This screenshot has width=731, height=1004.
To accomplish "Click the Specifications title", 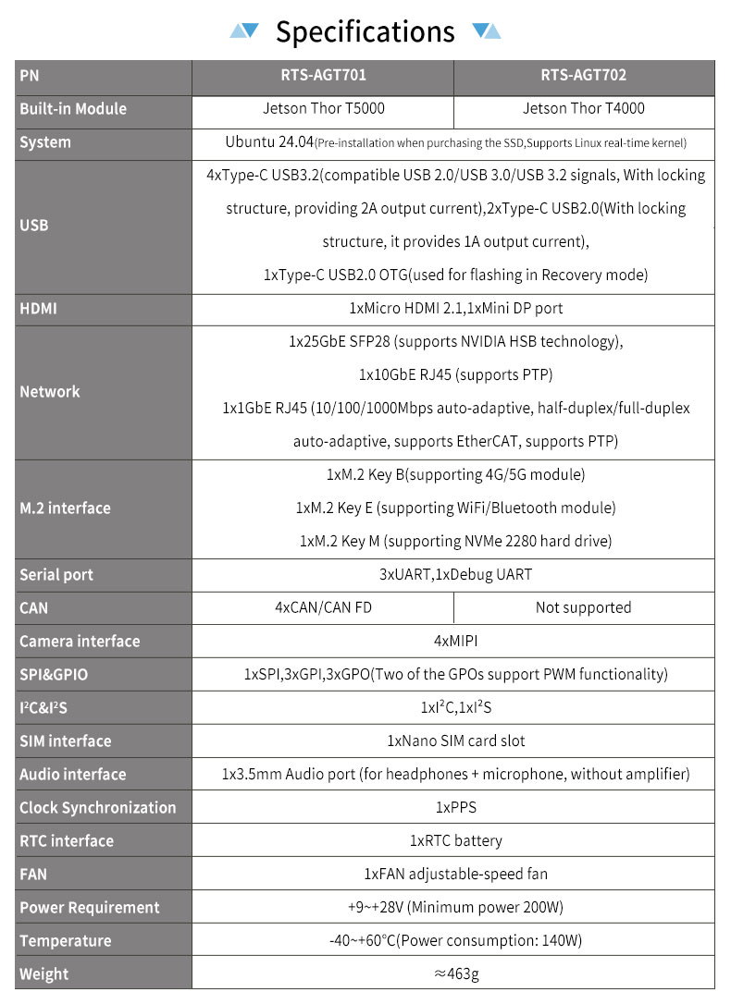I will pos(365,32).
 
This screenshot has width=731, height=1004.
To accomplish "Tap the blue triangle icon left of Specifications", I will pos(244,31).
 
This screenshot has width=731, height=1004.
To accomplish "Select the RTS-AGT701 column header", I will pos(322,76).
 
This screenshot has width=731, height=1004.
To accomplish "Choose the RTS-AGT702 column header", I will pos(584,76).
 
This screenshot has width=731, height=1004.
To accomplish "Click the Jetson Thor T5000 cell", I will pos(322,109).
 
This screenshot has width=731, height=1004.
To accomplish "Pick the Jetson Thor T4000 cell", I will pos(584,109).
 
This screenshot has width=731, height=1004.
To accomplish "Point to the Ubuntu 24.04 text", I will pos(268,142).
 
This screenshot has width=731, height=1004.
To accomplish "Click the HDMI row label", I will pos(38,309).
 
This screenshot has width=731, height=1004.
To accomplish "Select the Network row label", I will pos(50,392).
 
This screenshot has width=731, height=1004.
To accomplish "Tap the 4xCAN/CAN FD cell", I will pos(322,608).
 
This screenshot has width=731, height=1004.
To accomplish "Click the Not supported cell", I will pos(584,608).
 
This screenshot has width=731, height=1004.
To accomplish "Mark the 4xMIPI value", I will pos(456,642).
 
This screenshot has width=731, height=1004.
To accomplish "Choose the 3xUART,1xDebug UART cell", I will pos(456,575).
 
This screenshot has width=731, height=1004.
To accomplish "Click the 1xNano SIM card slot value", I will pos(456,741).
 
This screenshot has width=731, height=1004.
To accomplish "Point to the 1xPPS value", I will pos(456,808).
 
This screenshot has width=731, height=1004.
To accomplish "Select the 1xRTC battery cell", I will pos(456,841).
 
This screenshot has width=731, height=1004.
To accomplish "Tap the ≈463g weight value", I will pos(456,974).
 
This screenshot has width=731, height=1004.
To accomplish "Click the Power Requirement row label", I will pos(90,908).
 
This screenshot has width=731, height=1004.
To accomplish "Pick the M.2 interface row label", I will pos(65,508).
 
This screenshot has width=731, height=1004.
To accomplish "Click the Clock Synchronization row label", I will pos(97,808).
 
